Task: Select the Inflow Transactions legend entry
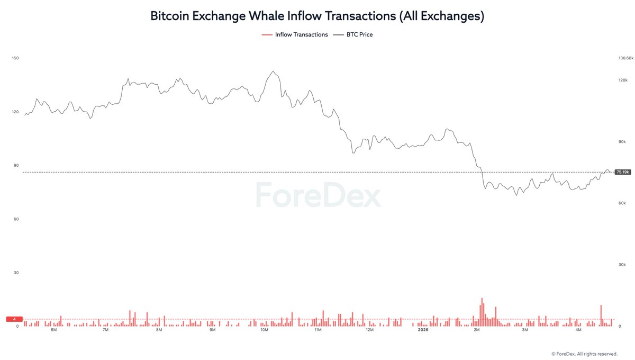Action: pos(295,34)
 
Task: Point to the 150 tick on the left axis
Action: pos(15,58)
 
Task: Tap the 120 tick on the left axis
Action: pos(15,112)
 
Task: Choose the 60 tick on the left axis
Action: pos(16,219)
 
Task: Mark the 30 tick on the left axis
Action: pos(16,273)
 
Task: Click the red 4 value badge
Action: pos(14,319)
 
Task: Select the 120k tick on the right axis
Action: pos(622,80)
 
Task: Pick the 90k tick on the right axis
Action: pos(622,142)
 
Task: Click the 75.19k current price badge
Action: pos(623,172)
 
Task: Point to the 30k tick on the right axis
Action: pos(622,265)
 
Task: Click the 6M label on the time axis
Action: pos(53,330)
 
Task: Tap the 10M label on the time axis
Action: pos(264,330)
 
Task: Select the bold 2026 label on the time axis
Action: pos(423,330)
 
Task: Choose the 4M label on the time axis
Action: pos(578,330)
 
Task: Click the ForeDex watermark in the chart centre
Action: pos(317,196)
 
